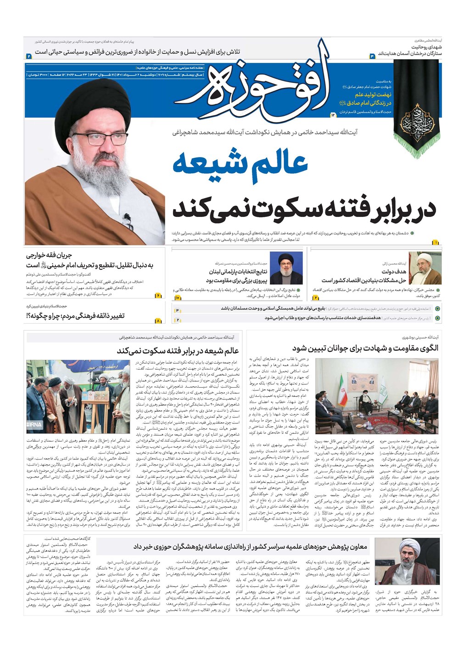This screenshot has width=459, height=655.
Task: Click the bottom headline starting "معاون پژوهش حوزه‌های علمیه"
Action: point(250,546)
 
